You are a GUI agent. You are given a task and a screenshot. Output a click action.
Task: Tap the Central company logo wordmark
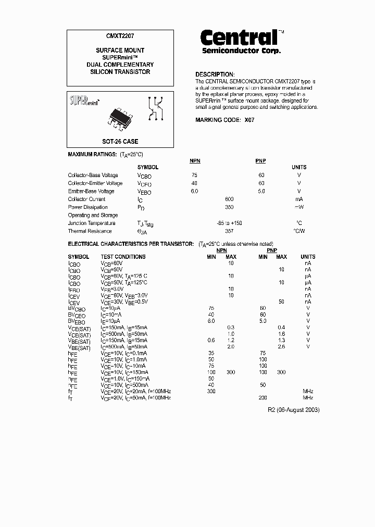(239, 37)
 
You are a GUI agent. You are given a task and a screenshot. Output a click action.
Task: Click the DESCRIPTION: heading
(215, 74)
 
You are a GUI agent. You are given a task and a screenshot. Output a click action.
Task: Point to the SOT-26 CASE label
(120, 141)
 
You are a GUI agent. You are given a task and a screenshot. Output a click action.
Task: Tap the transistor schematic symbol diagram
(156, 107)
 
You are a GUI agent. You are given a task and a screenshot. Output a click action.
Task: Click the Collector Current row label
(86, 199)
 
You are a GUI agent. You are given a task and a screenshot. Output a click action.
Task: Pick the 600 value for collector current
(229, 199)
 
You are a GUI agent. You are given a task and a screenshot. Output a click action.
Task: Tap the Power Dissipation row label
(87, 207)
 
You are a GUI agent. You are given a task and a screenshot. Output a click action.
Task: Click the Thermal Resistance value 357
(229, 231)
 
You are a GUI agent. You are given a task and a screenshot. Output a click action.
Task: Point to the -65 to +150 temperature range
(229, 223)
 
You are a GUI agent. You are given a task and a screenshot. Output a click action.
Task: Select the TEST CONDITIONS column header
(123, 257)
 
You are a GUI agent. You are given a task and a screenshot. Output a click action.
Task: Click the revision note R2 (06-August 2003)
(294, 410)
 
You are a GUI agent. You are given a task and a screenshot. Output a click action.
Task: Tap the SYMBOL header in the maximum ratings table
(147, 167)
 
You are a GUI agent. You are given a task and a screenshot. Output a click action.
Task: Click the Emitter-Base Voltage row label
(91, 191)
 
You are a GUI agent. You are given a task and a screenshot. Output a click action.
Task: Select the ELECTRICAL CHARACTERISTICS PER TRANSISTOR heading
(131, 244)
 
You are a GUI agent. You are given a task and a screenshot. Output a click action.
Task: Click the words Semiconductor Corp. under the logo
(241, 51)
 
